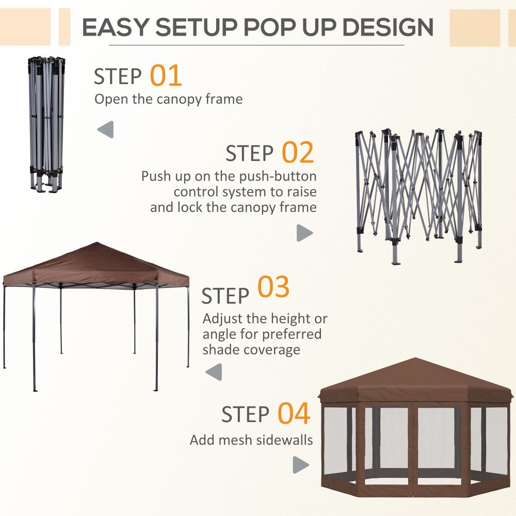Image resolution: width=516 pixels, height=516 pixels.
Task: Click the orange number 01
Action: coord(166,75)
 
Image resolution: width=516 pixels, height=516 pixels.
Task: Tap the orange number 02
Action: coord(297,153)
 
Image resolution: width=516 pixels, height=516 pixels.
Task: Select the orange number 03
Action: coord(273,287)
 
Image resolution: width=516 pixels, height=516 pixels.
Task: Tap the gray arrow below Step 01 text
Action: coord(106,130)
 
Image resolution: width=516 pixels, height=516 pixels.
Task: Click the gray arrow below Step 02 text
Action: coord(304,233)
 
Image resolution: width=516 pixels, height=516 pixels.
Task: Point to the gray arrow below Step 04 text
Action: coord(300,465)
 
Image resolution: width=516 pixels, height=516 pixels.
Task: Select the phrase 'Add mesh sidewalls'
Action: coord(251,440)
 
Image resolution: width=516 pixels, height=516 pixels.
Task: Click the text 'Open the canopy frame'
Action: coord(168,99)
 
